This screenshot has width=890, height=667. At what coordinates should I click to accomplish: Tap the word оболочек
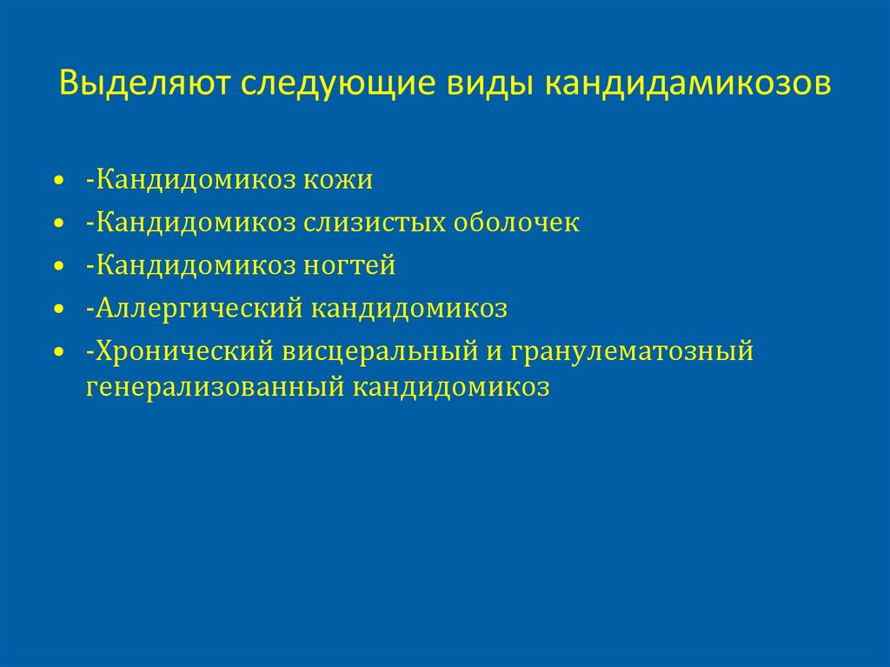tap(515, 223)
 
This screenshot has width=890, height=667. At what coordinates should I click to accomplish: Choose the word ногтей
tap(349, 265)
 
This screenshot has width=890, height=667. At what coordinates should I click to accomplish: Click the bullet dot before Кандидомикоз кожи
tap(58, 181)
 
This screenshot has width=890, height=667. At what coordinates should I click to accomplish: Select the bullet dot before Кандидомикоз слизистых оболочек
tap(58, 223)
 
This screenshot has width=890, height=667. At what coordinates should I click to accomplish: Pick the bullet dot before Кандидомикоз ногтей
tap(58, 266)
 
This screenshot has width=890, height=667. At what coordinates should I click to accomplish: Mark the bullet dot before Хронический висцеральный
tap(58, 352)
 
